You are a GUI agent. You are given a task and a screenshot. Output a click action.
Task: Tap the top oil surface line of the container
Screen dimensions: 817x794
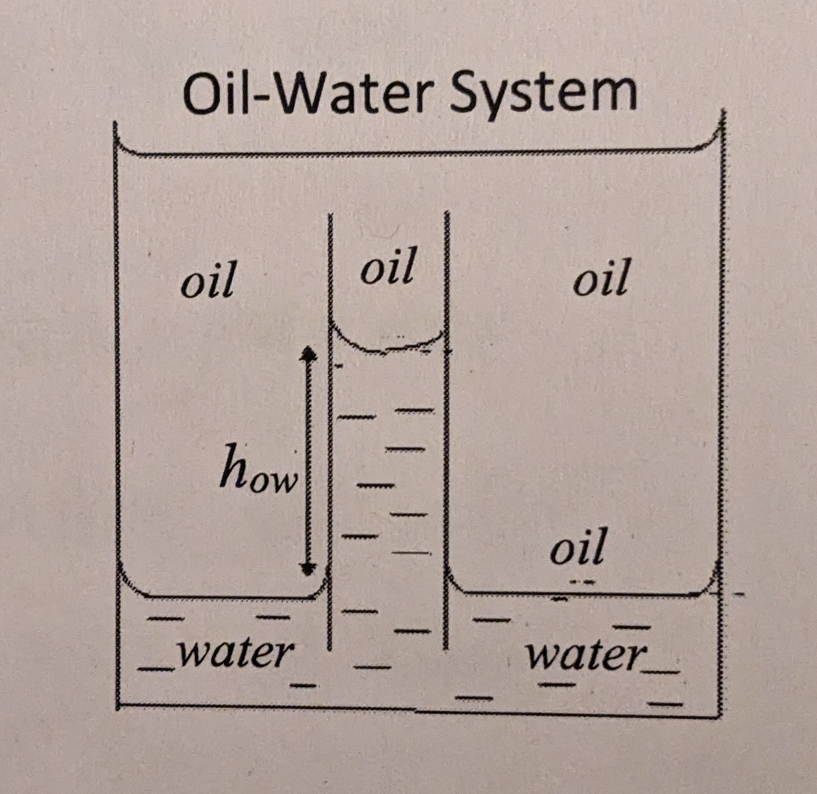[418, 153]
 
